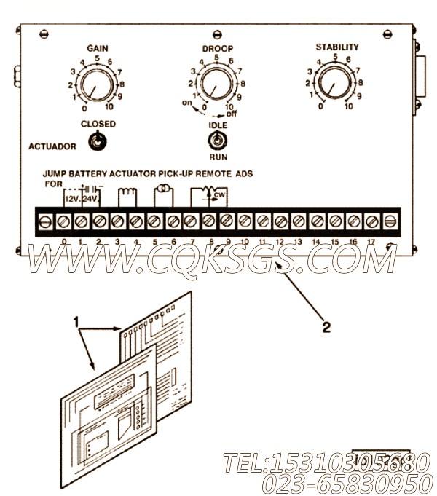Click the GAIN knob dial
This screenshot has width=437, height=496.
(x=96, y=86)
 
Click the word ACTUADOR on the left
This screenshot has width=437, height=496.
(x=52, y=146)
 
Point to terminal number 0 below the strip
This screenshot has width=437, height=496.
(x=65, y=241)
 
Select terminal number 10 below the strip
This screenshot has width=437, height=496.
(x=244, y=241)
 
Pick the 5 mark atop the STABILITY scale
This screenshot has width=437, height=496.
(x=335, y=57)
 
